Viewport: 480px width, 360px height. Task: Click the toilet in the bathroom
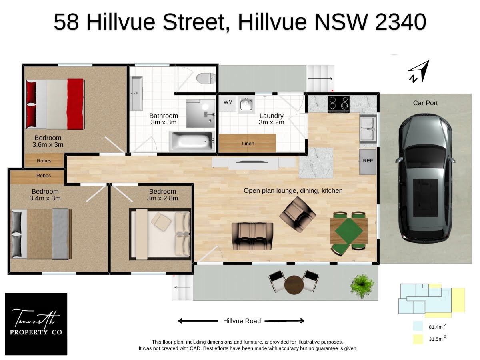point(206,78)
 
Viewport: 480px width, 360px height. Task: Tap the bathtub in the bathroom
point(192,141)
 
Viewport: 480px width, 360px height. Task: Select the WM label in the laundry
point(228,102)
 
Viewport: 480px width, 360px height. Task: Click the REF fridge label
point(368,161)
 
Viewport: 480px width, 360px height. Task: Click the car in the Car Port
point(425,178)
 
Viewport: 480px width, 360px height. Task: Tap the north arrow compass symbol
point(419,72)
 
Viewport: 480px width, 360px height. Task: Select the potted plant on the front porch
point(362,286)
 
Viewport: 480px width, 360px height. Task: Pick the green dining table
point(348,231)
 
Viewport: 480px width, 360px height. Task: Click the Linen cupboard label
point(248,144)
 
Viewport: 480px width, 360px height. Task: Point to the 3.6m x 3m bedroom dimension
point(48,144)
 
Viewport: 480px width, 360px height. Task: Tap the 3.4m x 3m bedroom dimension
point(45,198)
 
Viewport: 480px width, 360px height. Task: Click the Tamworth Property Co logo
point(36,324)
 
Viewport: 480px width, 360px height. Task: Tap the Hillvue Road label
point(242,321)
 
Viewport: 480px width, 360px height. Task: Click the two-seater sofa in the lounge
point(252,236)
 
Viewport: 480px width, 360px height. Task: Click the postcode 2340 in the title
point(400,22)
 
